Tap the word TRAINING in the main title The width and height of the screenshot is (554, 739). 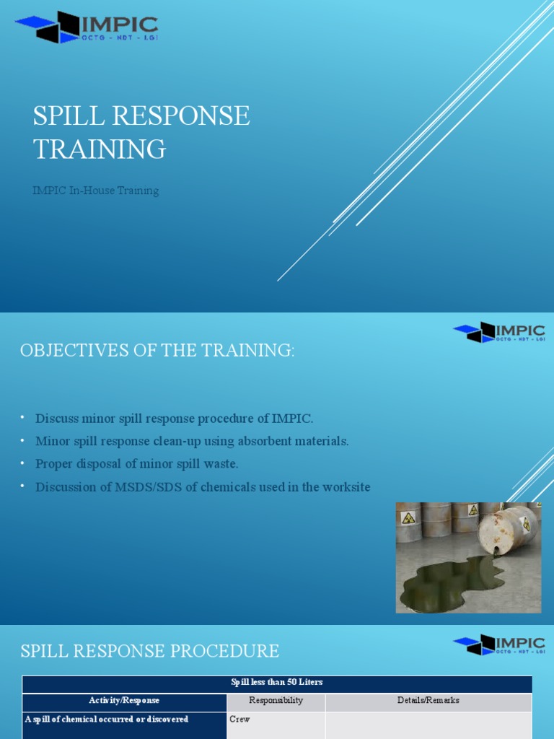(100, 149)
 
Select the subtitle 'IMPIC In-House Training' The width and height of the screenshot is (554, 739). (95, 191)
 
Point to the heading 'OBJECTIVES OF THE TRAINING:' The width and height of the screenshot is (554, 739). (157, 351)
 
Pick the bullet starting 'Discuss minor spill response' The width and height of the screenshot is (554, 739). (175, 419)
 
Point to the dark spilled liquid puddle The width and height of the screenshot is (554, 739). (451, 581)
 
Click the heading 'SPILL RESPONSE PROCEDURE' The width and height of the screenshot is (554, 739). (149, 651)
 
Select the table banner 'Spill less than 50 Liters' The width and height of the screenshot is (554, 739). (277, 683)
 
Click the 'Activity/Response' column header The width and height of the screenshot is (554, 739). (124, 701)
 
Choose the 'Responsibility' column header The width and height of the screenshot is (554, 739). (276, 701)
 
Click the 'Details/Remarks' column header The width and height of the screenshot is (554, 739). (428, 701)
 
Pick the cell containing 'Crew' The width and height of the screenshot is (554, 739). (239, 720)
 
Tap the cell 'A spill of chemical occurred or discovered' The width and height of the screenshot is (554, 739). (107, 720)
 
